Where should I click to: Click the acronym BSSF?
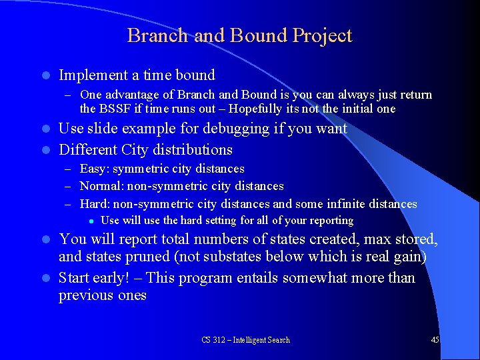[x=114, y=109]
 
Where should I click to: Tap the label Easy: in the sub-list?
[x=95, y=169]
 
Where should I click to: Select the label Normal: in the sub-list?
[x=103, y=186]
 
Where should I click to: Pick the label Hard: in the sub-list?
[x=96, y=204]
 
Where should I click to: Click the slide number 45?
[x=435, y=340]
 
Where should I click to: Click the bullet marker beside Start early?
[x=44, y=278]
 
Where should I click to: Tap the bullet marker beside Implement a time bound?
[x=44, y=75]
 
